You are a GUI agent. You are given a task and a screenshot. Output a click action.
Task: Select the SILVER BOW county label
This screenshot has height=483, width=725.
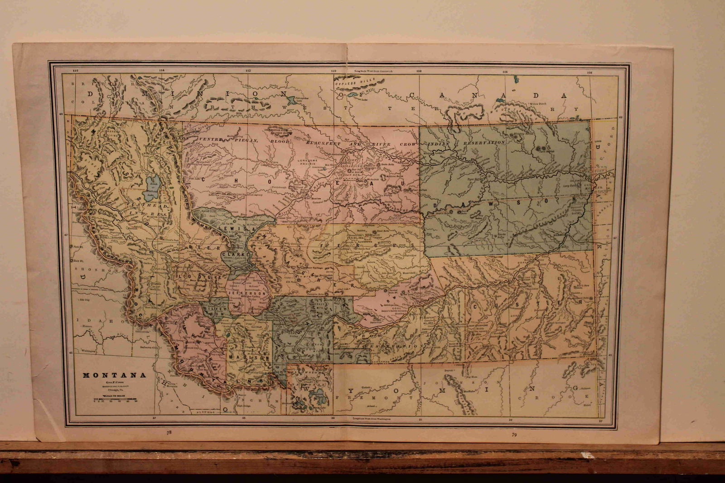click(214, 309)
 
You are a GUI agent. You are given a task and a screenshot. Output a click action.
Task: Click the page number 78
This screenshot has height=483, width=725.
click(169, 433)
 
